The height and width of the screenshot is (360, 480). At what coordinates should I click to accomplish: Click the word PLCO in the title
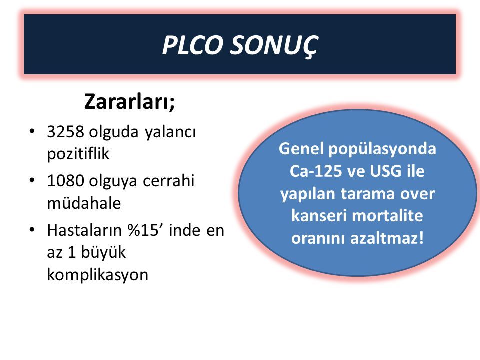(x=192, y=45)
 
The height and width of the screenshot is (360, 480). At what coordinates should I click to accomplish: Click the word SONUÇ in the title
(x=274, y=46)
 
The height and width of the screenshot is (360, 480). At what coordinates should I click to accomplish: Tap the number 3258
(x=65, y=132)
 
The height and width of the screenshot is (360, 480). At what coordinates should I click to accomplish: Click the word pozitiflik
(x=78, y=153)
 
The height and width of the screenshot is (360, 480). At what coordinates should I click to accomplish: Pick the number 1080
(x=65, y=180)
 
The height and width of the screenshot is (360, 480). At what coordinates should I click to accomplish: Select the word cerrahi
(x=168, y=180)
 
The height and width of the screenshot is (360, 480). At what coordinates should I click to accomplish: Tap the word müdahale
(x=84, y=202)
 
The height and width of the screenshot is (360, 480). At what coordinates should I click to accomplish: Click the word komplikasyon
(x=97, y=275)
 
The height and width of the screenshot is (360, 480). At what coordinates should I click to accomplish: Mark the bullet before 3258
(x=32, y=132)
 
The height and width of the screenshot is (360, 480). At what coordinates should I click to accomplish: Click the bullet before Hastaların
(x=32, y=230)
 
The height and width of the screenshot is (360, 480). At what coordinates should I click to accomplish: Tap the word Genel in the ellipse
(x=301, y=149)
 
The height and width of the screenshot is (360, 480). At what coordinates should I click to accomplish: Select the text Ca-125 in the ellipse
(x=316, y=171)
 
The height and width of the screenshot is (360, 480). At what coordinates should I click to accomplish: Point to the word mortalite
(x=388, y=215)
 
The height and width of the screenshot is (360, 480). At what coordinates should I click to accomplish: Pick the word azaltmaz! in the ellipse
(x=387, y=238)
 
